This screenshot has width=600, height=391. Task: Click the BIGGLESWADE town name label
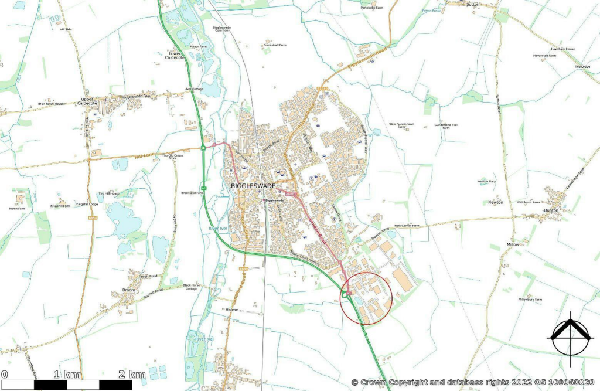tap(253, 186)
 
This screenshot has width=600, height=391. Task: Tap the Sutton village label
tap(472, 4)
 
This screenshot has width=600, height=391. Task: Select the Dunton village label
tap(550, 210)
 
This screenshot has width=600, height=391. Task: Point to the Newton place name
tap(496, 202)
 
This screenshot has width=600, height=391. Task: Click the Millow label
tap(513, 244)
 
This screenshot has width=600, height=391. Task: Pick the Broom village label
tap(129, 290)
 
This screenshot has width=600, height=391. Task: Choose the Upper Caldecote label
tap(87, 101)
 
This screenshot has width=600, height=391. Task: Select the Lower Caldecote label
tap(174, 56)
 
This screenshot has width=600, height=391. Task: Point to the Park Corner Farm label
tap(407, 226)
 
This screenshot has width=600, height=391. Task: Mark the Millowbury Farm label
tap(530, 299)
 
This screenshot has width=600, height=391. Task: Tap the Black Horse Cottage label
tap(192, 287)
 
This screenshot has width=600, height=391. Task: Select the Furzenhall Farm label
tap(274, 45)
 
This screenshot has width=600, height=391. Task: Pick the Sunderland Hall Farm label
tap(445, 125)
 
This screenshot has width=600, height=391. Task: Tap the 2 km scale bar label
tap(132, 375)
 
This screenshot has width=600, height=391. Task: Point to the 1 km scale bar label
tap(67, 375)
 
